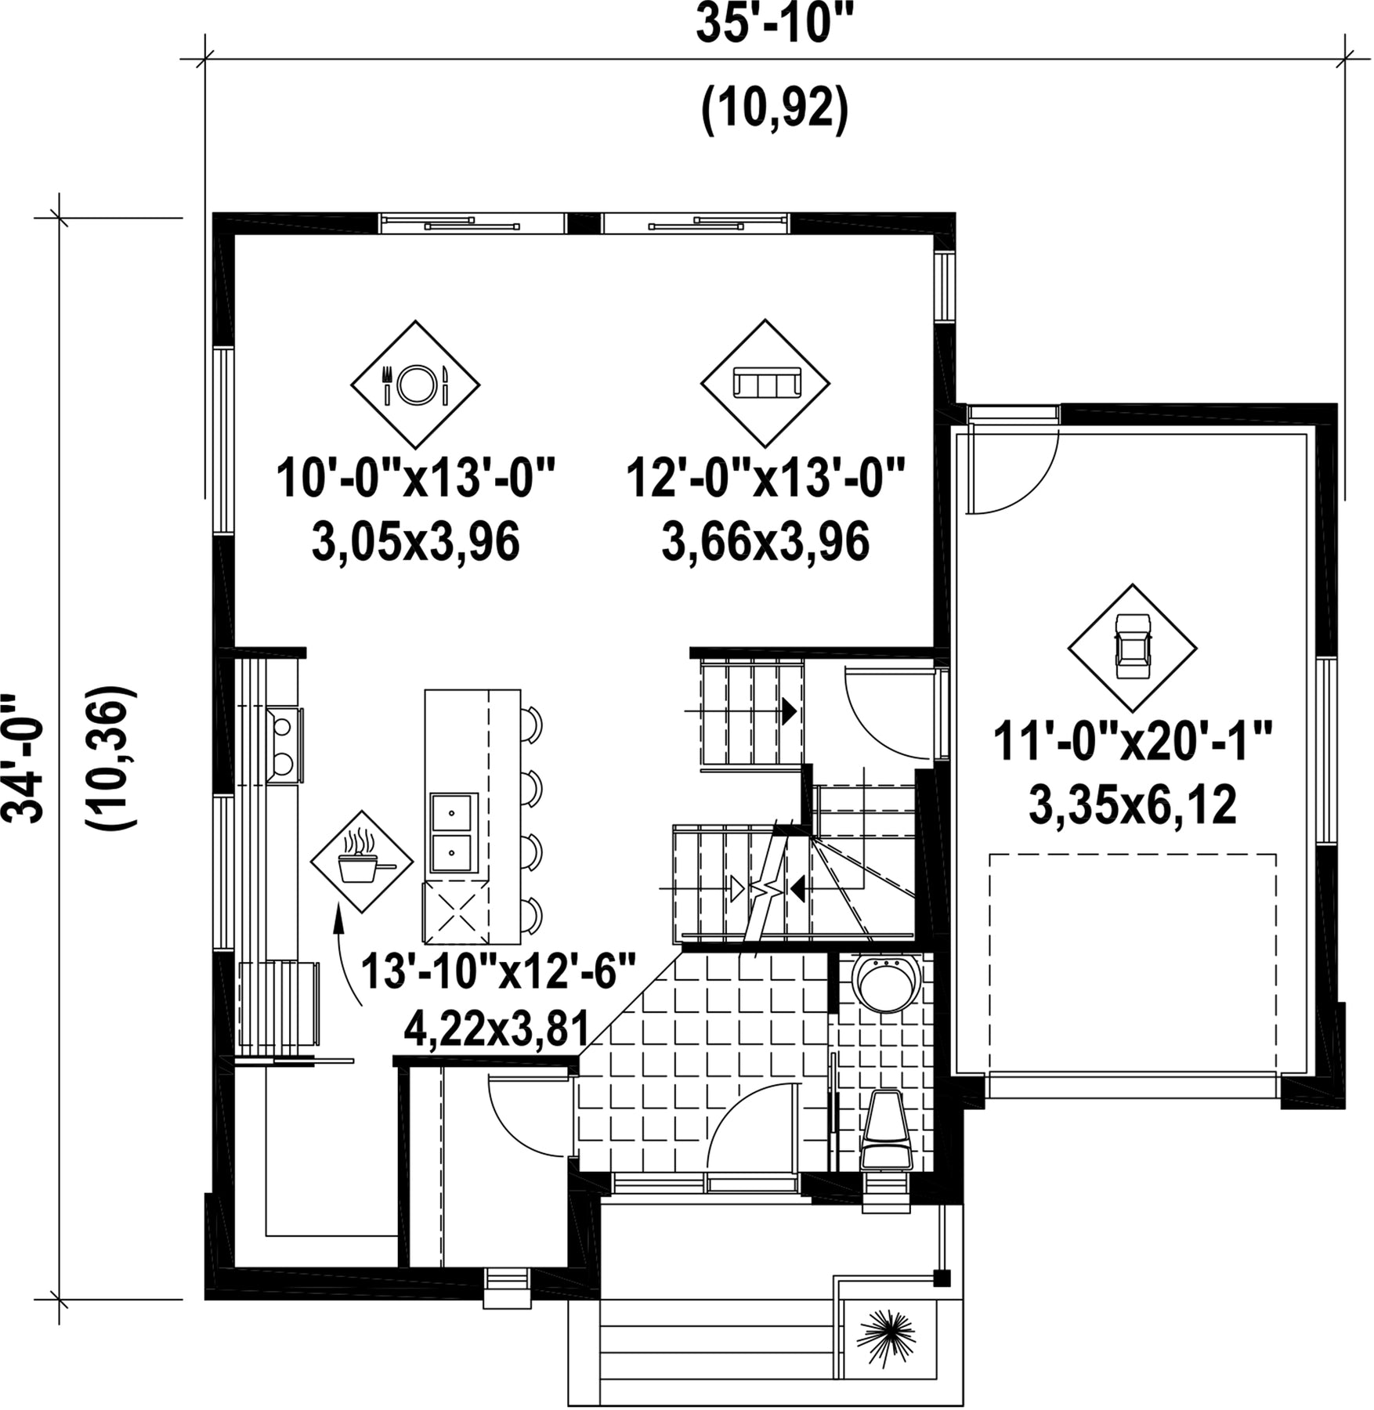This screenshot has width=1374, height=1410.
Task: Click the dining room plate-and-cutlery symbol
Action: (x=414, y=384)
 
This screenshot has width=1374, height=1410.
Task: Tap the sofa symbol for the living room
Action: (x=765, y=383)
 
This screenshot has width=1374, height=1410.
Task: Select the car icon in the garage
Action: (x=1132, y=648)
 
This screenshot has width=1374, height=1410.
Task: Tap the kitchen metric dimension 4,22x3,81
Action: (x=496, y=1029)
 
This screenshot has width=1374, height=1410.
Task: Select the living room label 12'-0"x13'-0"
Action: (x=765, y=479)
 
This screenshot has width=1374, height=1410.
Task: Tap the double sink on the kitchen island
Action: (x=453, y=832)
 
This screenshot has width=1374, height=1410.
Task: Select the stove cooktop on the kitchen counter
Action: (x=284, y=745)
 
